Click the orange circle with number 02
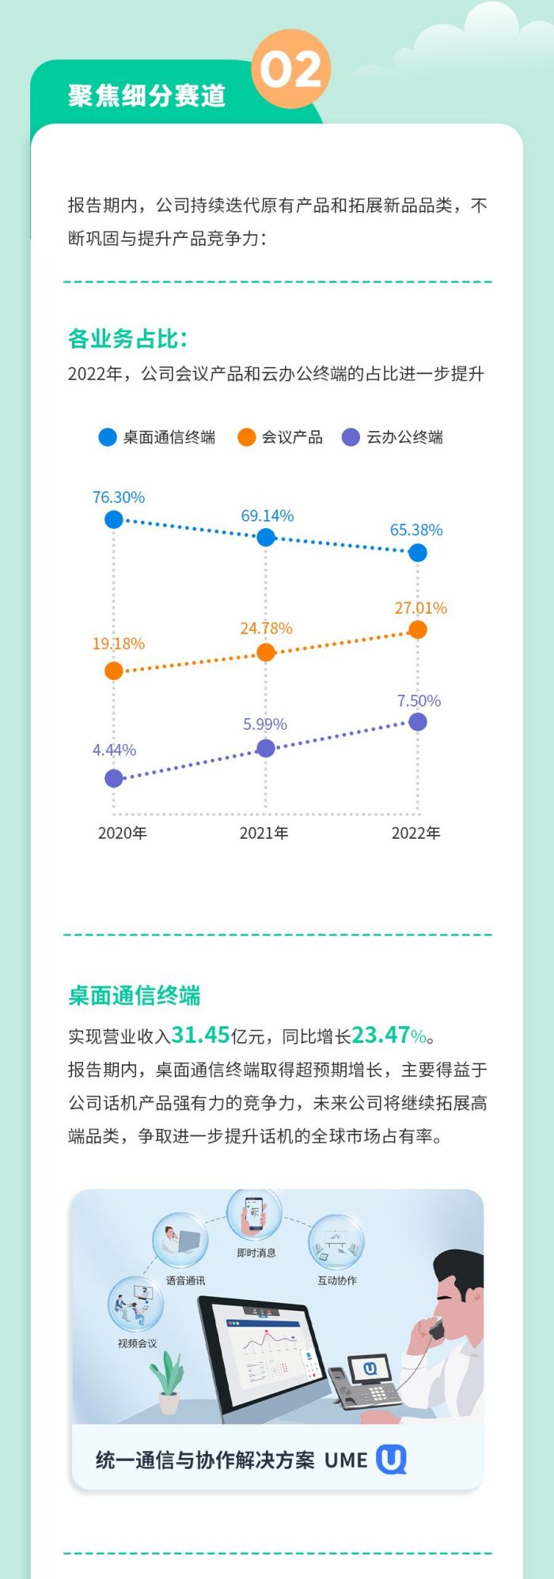(x=290, y=69)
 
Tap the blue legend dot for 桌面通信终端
(x=108, y=437)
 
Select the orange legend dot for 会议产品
(x=247, y=437)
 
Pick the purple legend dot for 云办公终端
(x=351, y=437)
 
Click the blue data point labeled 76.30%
(x=114, y=519)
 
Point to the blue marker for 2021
(x=266, y=538)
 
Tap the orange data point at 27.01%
(x=418, y=629)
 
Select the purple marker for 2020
(x=114, y=778)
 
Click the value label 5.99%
(x=265, y=724)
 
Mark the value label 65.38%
(x=416, y=530)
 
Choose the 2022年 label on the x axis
(x=415, y=833)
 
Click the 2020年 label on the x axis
(x=122, y=833)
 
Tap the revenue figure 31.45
(x=200, y=1035)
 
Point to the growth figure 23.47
(x=381, y=1035)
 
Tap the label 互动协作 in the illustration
(x=336, y=1280)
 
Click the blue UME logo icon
(x=391, y=1460)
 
